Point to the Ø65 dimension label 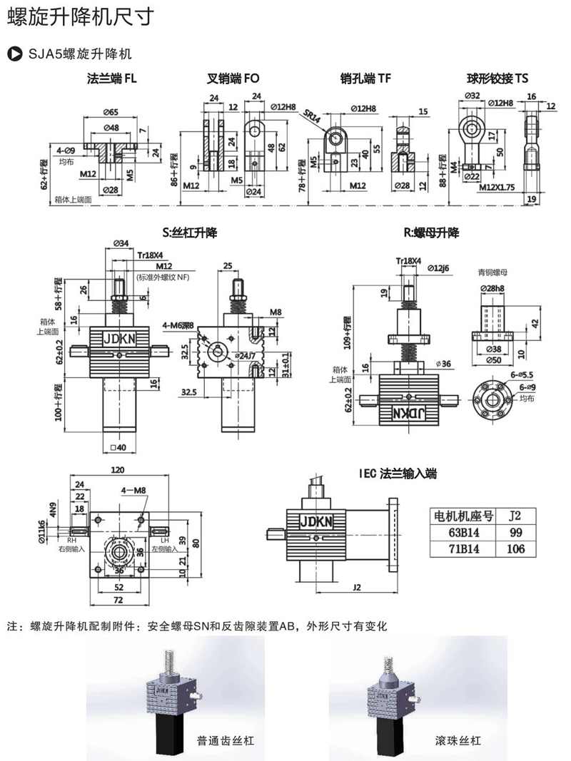coord(110,112)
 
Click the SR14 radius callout coord(311,116)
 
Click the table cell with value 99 coord(515,533)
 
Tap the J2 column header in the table coord(515,516)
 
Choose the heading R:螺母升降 coord(432,233)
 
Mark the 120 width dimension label coord(118,471)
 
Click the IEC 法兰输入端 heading coord(398,473)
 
